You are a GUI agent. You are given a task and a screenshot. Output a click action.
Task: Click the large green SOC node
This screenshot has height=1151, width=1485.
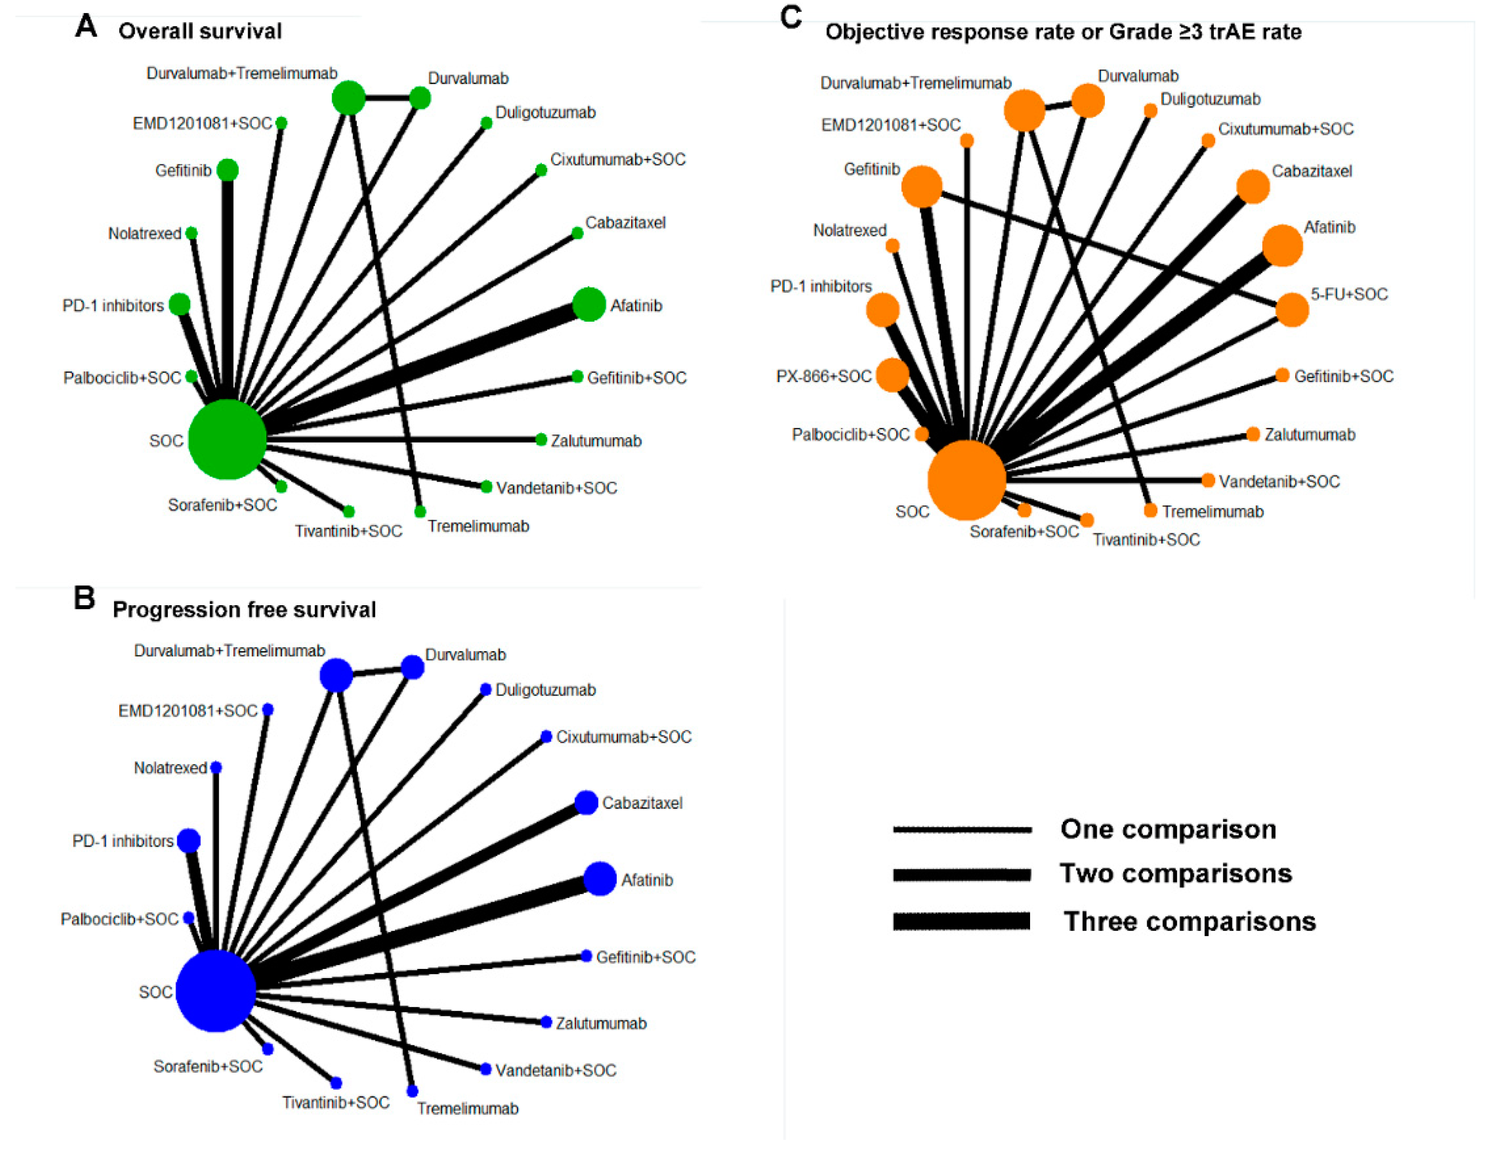[x=227, y=439]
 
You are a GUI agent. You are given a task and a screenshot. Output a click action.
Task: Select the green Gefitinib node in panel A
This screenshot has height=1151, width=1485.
[x=228, y=170]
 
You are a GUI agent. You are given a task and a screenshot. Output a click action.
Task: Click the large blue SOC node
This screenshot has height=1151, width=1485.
[x=215, y=991]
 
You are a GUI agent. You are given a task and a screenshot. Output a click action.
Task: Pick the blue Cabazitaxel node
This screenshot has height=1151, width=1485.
[x=586, y=802]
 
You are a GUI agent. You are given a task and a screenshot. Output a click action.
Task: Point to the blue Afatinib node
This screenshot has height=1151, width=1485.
[x=600, y=879]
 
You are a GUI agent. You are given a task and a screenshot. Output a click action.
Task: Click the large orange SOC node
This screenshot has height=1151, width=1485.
[x=966, y=480]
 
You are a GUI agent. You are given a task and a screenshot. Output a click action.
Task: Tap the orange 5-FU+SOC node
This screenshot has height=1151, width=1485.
[x=1292, y=310]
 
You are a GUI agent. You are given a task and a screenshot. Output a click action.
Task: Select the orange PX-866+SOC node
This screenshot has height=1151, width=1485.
[x=892, y=375]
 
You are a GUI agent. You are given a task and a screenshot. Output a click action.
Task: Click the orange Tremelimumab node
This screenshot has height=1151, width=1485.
[x=1150, y=510]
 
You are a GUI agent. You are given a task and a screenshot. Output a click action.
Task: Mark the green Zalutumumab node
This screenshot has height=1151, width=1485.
[x=541, y=440]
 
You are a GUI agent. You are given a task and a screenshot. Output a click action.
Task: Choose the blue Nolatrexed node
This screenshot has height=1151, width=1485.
[x=216, y=767]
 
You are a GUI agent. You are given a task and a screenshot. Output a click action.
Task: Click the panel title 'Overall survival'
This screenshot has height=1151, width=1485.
[x=200, y=31]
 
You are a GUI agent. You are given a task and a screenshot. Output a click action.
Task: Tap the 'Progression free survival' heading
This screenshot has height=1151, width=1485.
[x=244, y=609]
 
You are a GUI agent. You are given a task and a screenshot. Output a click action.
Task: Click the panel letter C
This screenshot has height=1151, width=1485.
[x=791, y=18]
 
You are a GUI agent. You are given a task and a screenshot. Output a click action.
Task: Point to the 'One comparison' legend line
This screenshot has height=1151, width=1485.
[x=962, y=829]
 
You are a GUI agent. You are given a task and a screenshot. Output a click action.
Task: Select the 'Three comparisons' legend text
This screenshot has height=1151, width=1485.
[x=1189, y=921]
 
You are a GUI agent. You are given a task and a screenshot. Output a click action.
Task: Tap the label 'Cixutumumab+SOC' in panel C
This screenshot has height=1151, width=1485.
[x=1285, y=128]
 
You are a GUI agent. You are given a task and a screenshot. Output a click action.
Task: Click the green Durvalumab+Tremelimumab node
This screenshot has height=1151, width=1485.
[x=349, y=98]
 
